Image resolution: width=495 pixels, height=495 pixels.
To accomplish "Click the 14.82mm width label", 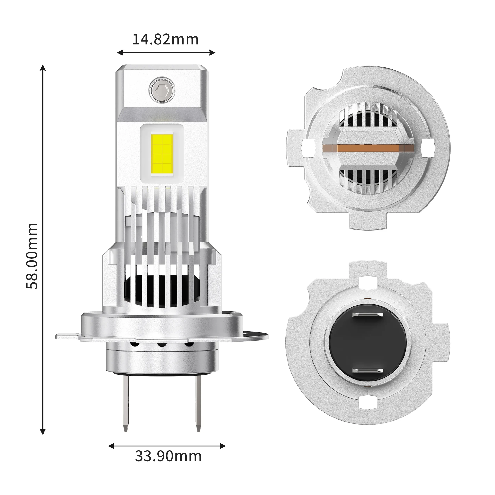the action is click(x=166, y=39).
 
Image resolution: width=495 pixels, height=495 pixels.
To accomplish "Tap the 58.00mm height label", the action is click(x=32, y=256).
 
